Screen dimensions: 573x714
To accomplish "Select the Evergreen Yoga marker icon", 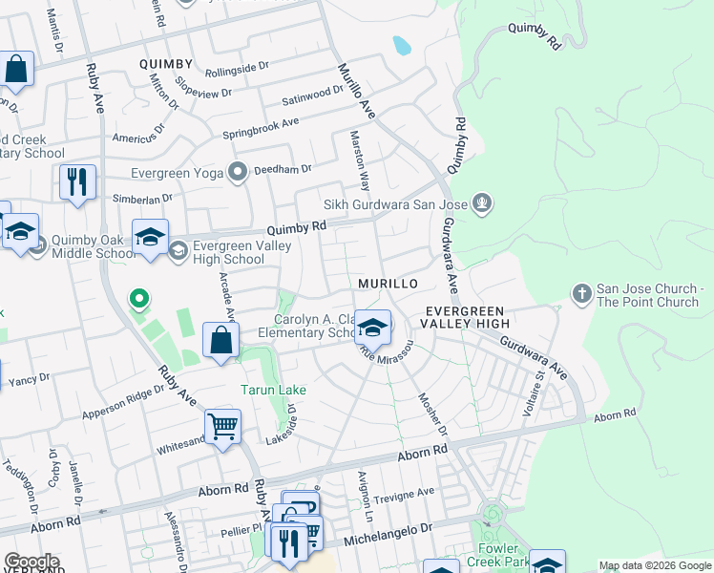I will pos(238,172).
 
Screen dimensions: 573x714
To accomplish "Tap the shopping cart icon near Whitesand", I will pos(222,428).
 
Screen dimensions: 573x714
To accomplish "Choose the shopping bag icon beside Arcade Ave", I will pos(220,341).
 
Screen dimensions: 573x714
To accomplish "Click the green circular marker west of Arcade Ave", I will pos(139,301).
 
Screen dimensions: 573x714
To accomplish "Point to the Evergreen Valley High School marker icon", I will pos(178,250).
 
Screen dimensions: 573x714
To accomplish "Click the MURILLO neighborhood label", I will pos(388,285).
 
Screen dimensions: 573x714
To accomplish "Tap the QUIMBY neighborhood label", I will pos(165,64).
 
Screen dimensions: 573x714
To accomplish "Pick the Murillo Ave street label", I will pos(357,92).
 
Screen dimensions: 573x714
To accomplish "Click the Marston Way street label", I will pos(359,160).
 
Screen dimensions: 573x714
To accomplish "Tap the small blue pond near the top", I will pos(402,44).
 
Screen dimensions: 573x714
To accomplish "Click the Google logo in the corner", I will pos(31,562).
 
